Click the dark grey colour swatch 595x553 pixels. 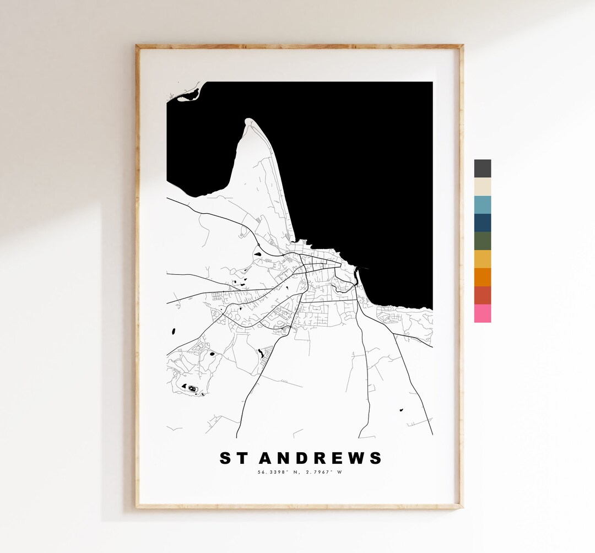[x=482, y=169]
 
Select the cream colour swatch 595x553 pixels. [x=482, y=187]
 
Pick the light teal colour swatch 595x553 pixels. [x=482, y=205]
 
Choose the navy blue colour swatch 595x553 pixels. [x=482, y=223]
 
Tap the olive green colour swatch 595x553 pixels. [x=482, y=241]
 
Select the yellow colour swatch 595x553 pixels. [x=482, y=259]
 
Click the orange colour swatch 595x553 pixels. [x=482, y=277]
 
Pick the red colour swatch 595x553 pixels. [x=482, y=295]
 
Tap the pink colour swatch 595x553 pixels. [x=482, y=313]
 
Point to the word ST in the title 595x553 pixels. [x=233, y=458]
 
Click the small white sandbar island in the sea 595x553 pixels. [x=187, y=97]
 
